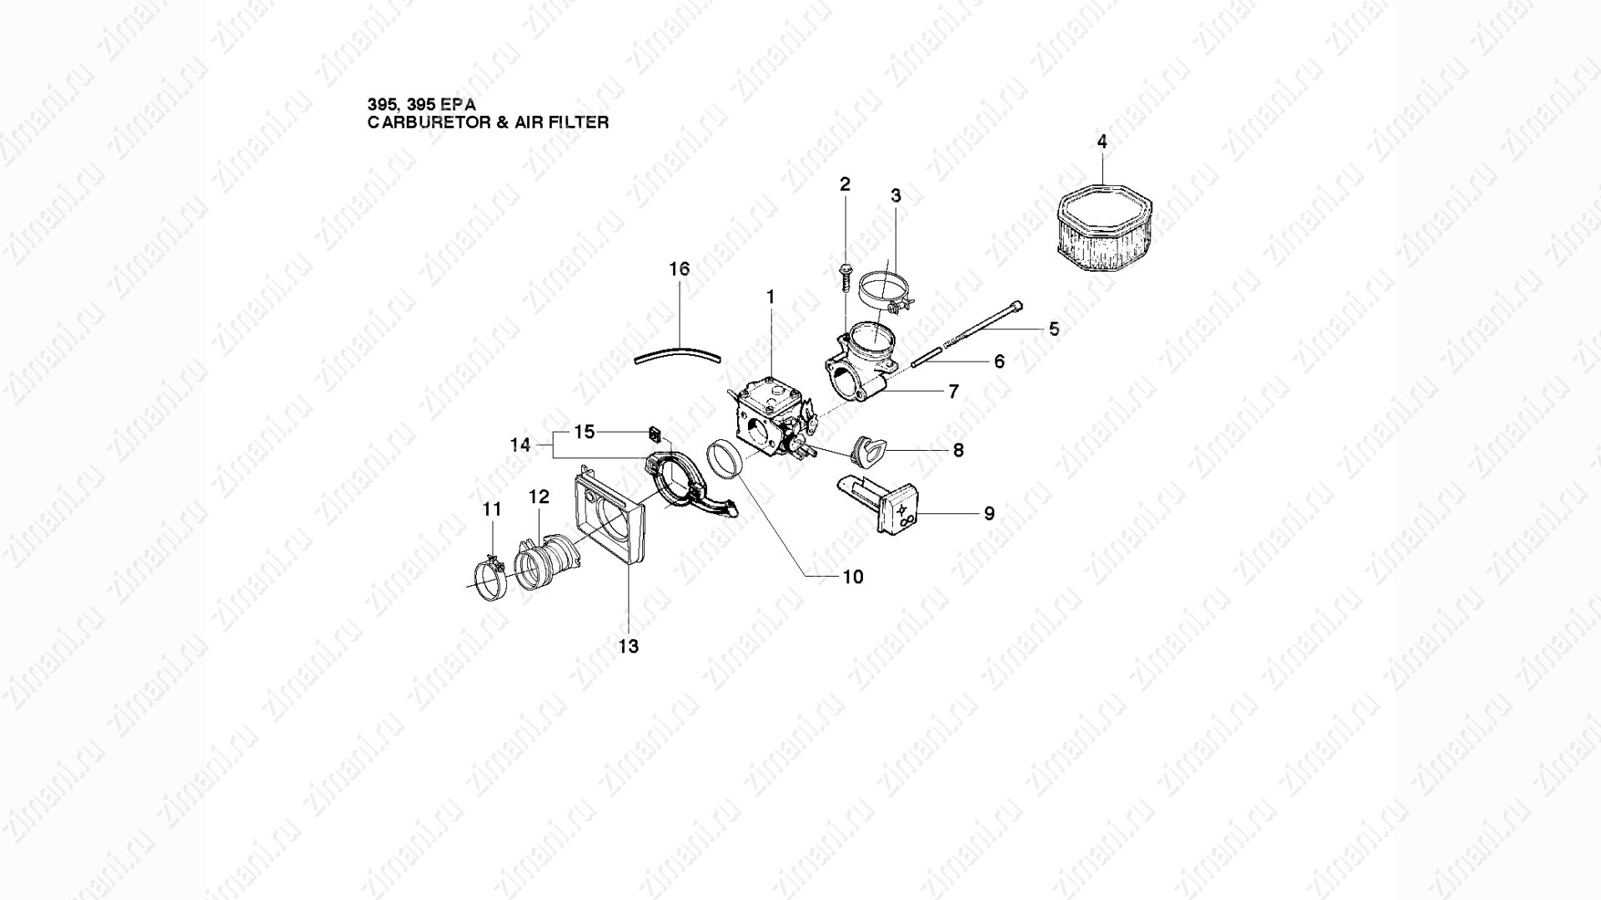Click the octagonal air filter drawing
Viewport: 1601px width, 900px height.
[1103, 227]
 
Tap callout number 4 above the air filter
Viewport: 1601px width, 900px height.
[1102, 142]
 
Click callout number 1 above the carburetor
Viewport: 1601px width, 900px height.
[770, 296]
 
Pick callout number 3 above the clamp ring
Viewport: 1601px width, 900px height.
[896, 197]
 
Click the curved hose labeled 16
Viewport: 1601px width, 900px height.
[677, 355]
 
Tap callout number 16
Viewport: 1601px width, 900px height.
[680, 268]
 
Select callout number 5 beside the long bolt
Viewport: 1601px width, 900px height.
[1054, 329]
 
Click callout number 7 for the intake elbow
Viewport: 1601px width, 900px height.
[953, 391]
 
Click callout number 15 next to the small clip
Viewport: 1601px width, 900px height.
[585, 432]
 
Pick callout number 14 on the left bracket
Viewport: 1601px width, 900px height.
[520, 445]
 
